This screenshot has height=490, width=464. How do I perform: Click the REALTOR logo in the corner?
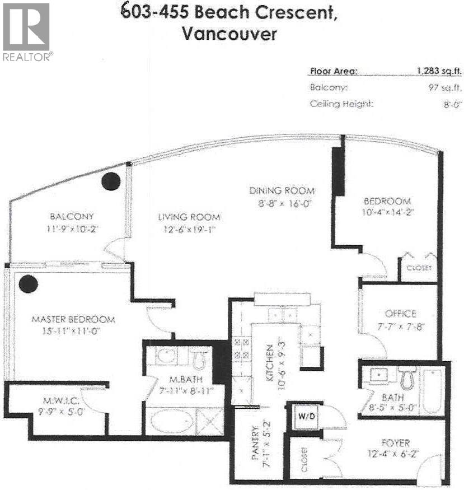point(27,31)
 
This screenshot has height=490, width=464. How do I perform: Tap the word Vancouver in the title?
point(229,34)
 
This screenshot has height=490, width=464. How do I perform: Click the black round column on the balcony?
point(111,181)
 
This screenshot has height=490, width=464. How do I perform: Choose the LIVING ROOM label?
point(189,217)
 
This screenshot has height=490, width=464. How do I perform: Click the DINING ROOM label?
point(282,190)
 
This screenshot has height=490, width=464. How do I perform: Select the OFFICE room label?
point(400,314)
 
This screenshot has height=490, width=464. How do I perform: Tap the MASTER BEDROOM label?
point(73,319)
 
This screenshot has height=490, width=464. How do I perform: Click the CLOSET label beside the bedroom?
point(419,268)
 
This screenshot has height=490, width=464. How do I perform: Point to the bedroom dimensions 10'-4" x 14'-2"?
point(387,212)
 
